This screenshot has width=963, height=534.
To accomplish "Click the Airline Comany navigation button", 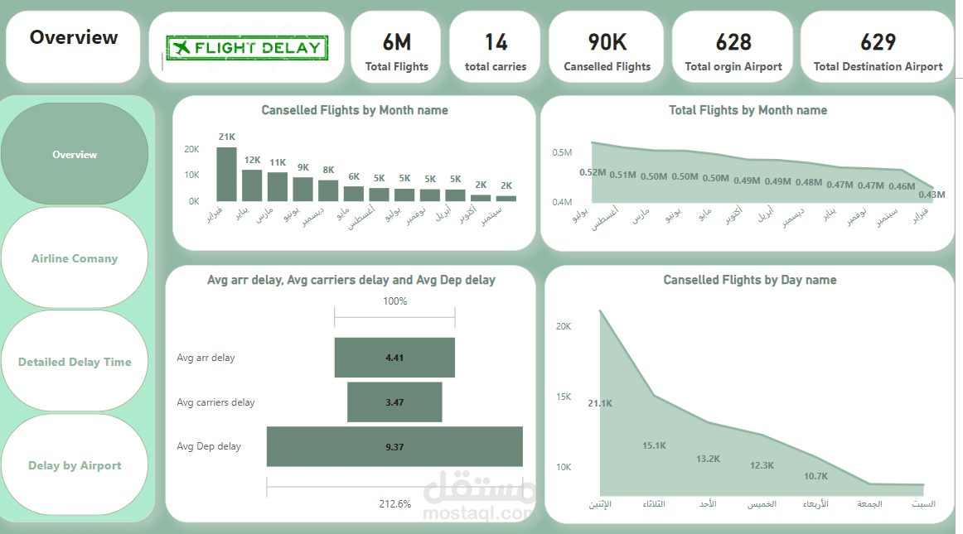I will [75, 258].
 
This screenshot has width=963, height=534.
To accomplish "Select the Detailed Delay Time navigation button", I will [75, 362].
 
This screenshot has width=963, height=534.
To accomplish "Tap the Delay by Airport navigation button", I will [75, 465].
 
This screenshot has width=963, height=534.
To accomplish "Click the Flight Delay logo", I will [246, 48].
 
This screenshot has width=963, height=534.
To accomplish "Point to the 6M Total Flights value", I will [396, 41].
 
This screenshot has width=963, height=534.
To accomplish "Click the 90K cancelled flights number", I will [607, 41].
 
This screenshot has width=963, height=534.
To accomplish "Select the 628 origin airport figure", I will [733, 41].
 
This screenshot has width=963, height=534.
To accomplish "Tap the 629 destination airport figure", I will [878, 41].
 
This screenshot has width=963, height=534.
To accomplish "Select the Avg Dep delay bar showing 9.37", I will [394, 446].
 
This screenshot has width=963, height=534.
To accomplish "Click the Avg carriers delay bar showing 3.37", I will [394, 402].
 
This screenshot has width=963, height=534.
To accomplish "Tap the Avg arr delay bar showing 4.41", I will [394, 358].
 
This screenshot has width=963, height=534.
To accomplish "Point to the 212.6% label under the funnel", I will [394, 503].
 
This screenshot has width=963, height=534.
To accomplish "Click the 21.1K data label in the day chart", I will [600, 403].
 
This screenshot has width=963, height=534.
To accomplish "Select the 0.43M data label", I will [932, 195].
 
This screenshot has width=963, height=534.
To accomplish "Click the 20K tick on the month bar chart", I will [191, 149].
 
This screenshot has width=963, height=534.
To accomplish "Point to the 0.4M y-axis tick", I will [563, 202].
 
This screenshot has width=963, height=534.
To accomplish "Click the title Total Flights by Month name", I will [748, 110].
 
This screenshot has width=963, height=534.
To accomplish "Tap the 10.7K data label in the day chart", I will [816, 476].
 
